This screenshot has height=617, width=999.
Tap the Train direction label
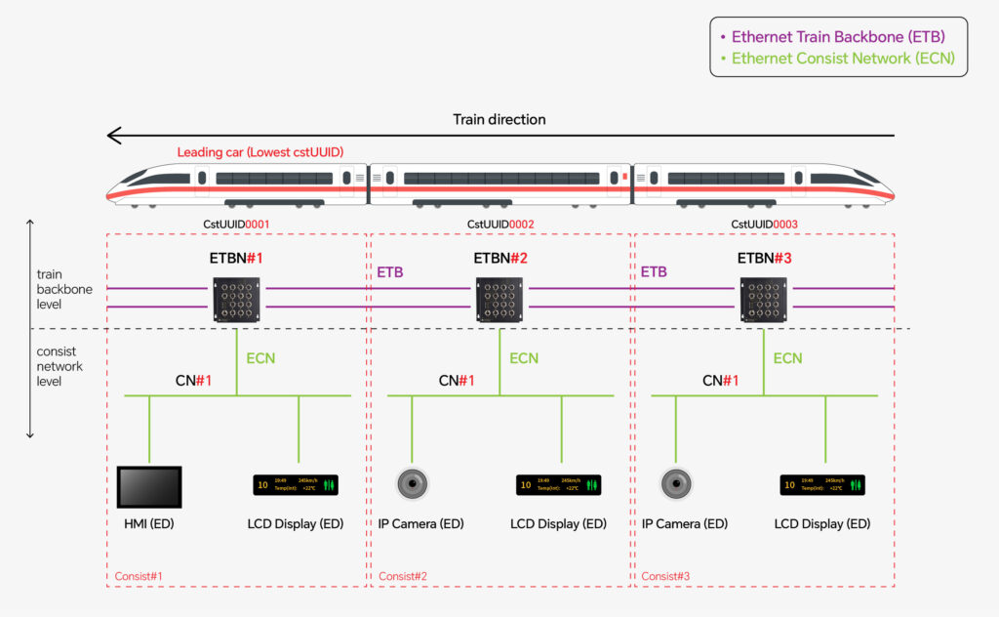pos(499,119)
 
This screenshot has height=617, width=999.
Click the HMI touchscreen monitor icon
pos(149,486)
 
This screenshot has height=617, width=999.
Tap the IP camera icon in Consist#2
pos(413,483)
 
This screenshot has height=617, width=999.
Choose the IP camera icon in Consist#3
pos(676,483)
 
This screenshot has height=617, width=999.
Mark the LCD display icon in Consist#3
pos(822,484)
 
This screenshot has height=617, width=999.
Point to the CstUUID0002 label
pos(500,225)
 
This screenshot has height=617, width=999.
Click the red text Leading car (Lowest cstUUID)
pos(260,152)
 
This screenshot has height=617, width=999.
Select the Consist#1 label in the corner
pos(140,576)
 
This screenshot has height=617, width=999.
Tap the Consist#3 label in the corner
pos(665,576)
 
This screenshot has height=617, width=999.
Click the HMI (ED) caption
pos(149,524)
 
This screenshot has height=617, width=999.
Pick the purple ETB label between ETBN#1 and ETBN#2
pos(390,272)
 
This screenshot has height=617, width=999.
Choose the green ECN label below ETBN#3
pos(787,358)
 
